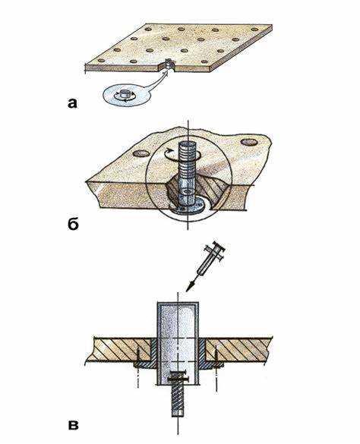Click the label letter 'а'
pos(73,103)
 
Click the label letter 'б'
pos(73,223)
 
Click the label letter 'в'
pos(74,425)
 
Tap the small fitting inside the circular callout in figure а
pos(124,94)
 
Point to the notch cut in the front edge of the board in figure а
pos(167,65)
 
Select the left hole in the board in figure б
pos(141,154)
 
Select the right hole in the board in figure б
pos(248,142)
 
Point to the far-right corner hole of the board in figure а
pos(255,29)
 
